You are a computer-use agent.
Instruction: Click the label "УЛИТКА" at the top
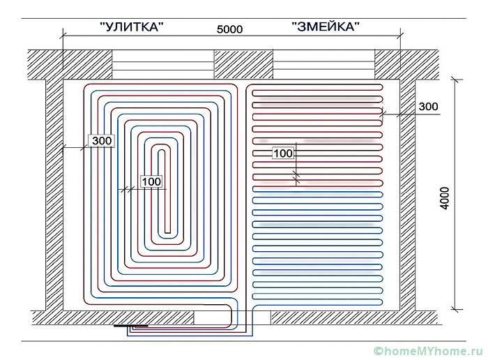[x=132, y=27]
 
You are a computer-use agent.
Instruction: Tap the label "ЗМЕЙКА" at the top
[x=326, y=27]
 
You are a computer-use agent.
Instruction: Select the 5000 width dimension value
[x=231, y=30]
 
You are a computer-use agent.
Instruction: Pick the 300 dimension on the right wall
[x=428, y=106]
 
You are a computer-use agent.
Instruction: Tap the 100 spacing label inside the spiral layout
[x=151, y=181]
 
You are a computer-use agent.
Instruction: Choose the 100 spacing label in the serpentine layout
[x=283, y=153]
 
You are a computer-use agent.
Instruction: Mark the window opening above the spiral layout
[x=162, y=63]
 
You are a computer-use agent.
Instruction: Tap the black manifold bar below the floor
[x=132, y=325]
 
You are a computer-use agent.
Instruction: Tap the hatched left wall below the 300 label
[x=54, y=223]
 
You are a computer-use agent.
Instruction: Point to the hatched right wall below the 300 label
[x=407, y=223]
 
